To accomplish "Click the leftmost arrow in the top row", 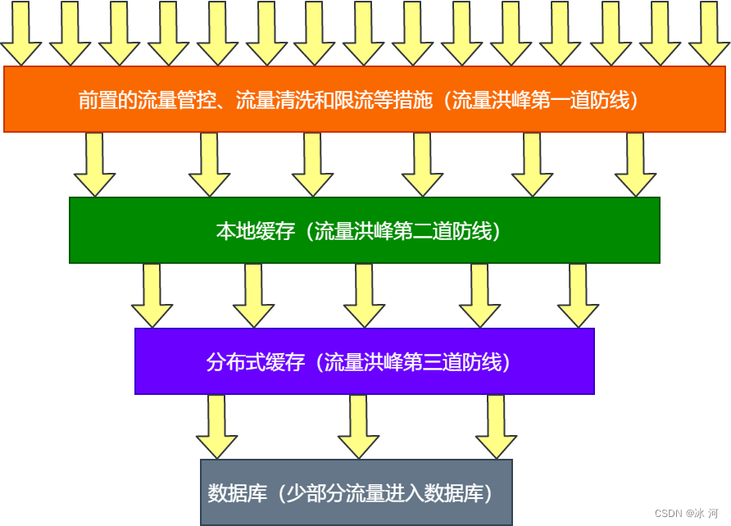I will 20,33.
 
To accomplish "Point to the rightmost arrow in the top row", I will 709,33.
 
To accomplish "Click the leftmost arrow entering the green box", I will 94,166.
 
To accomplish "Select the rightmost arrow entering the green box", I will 635,166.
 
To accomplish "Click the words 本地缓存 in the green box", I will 243,231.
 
